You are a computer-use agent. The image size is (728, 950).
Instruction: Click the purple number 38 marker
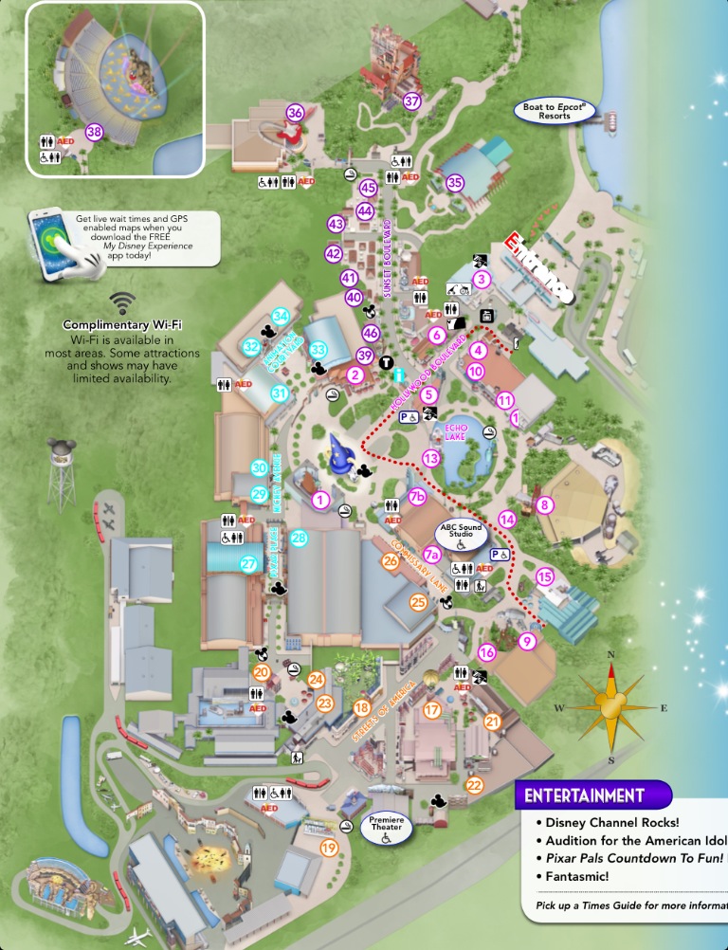(x=93, y=132)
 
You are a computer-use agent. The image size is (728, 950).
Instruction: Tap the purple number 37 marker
(x=411, y=101)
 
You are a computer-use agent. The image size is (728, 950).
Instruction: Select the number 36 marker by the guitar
(x=295, y=113)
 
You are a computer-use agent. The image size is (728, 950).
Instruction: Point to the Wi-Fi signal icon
(x=121, y=302)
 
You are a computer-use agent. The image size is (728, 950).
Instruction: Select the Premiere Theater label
(x=386, y=828)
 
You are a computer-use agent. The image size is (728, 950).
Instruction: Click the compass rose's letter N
(x=611, y=655)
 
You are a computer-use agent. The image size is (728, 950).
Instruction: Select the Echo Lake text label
(x=458, y=431)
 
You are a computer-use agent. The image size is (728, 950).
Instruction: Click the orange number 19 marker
(x=329, y=848)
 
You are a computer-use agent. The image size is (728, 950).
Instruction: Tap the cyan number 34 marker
(x=280, y=316)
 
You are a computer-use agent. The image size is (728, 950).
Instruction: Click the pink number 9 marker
(x=528, y=641)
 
